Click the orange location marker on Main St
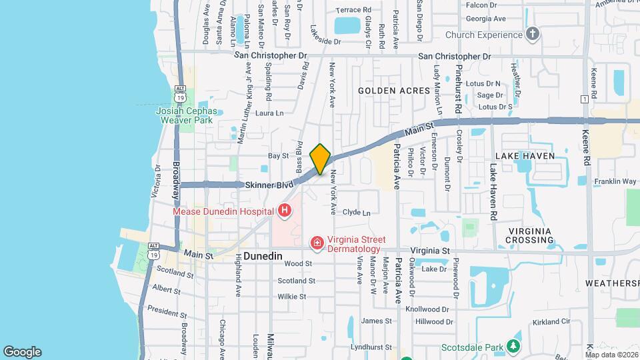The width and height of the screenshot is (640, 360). [321, 159]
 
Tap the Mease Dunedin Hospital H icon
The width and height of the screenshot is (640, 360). [285, 211]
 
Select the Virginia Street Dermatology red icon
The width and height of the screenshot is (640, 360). [317, 243]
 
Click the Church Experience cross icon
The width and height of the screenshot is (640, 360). [532, 34]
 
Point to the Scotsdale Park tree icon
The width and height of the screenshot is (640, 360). [513, 347]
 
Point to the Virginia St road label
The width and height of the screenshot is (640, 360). [431, 251]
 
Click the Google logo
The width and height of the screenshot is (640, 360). [22, 351]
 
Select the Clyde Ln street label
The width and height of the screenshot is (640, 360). [356, 212]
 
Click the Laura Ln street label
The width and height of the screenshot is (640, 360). [269, 113]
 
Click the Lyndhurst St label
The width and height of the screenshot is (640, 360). [371, 347]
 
